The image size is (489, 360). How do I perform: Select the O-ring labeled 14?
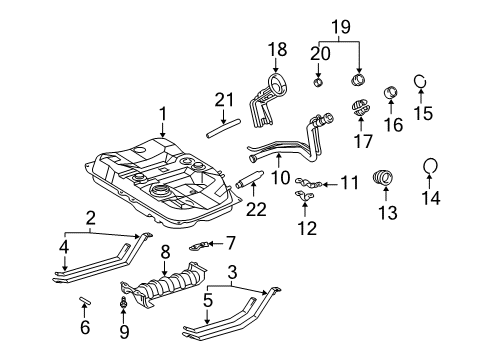coord(430,167)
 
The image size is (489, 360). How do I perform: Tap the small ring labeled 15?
coord(423,83)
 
